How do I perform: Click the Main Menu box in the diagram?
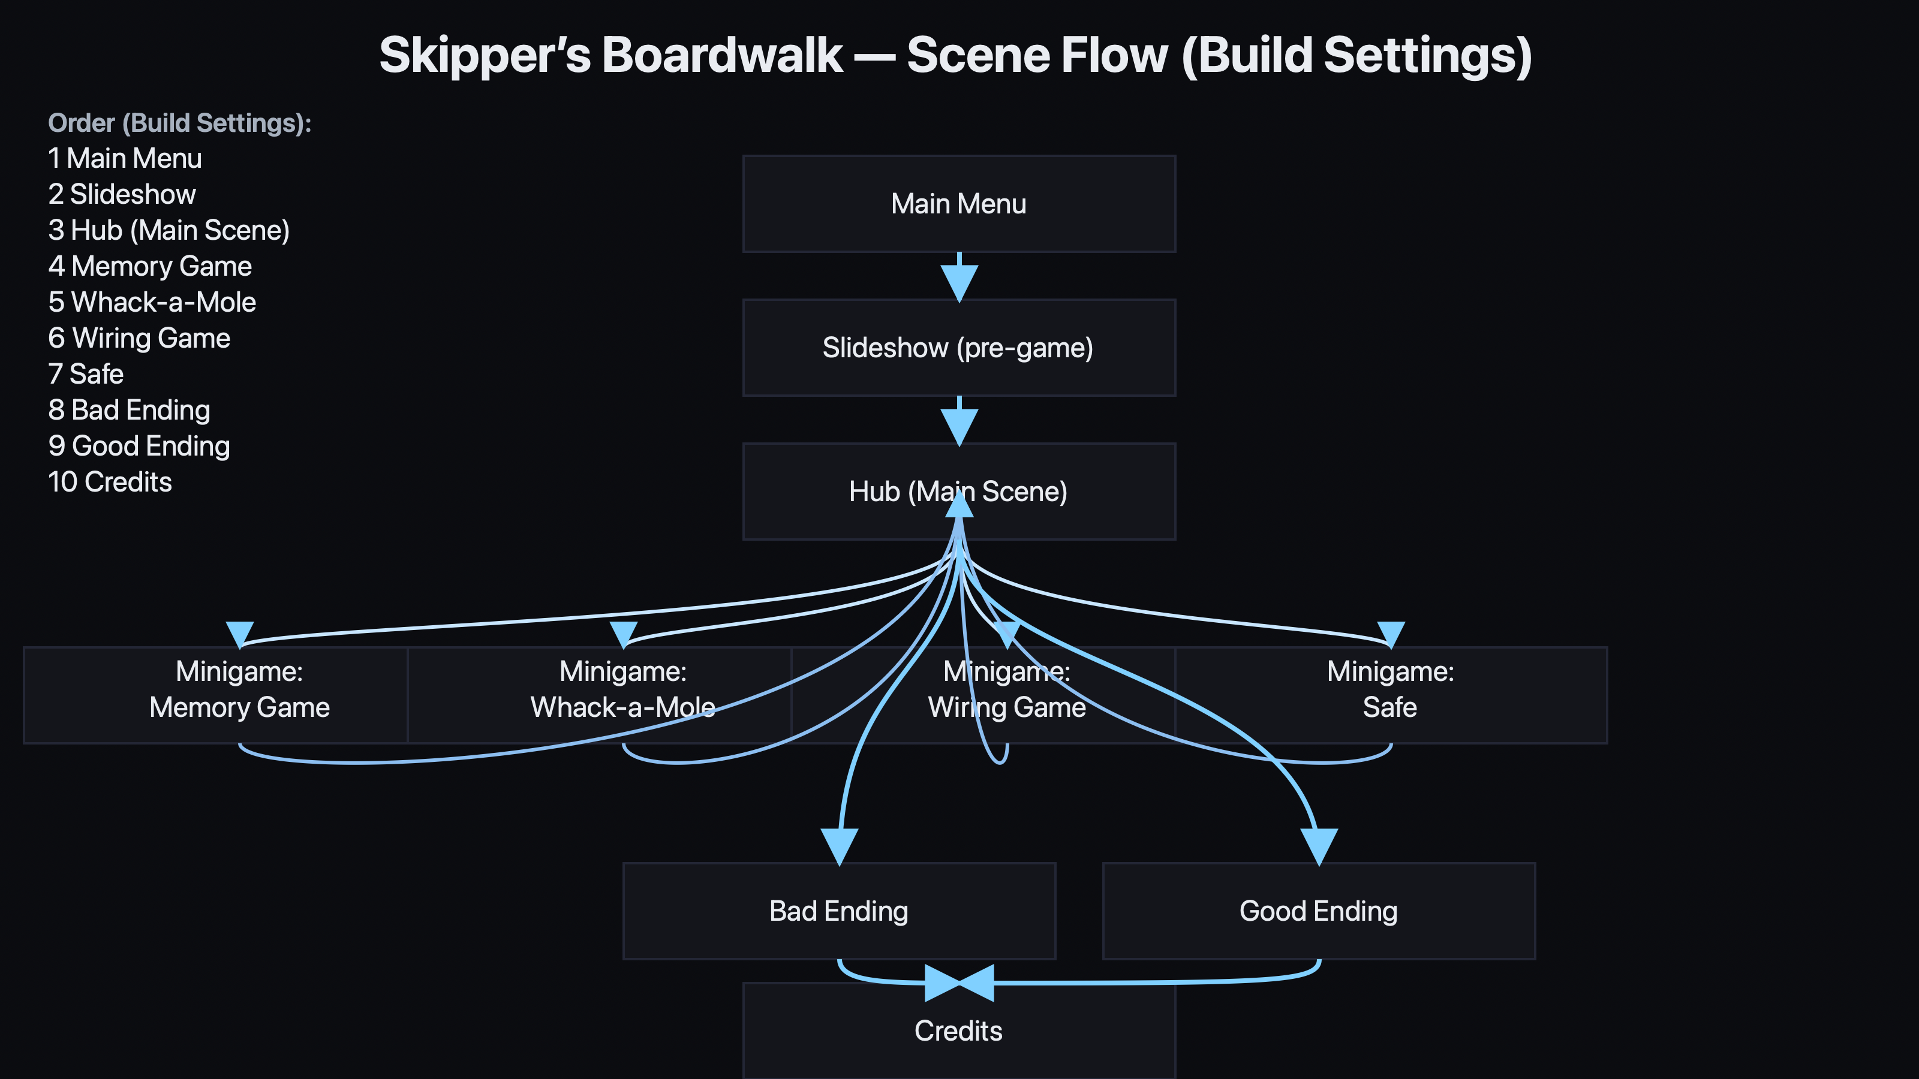coord(959,204)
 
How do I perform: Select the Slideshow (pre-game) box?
coord(959,348)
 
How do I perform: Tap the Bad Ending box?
coord(839,911)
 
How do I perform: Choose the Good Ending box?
coord(1318,911)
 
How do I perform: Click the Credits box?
coord(959,1031)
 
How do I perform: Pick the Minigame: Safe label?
coord(1390,689)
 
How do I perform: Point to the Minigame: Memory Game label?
coord(239,689)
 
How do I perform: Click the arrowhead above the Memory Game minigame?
coord(240,634)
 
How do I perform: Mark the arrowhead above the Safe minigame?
coord(1391,634)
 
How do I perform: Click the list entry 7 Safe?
coord(86,374)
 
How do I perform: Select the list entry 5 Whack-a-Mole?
coord(152,302)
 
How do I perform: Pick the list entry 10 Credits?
coord(110,482)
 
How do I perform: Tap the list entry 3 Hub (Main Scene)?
coord(169,230)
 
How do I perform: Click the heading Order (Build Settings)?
coord(179,123)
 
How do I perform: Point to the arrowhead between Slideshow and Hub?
coord(959,425)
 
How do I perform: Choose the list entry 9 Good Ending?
coord(139,446)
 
